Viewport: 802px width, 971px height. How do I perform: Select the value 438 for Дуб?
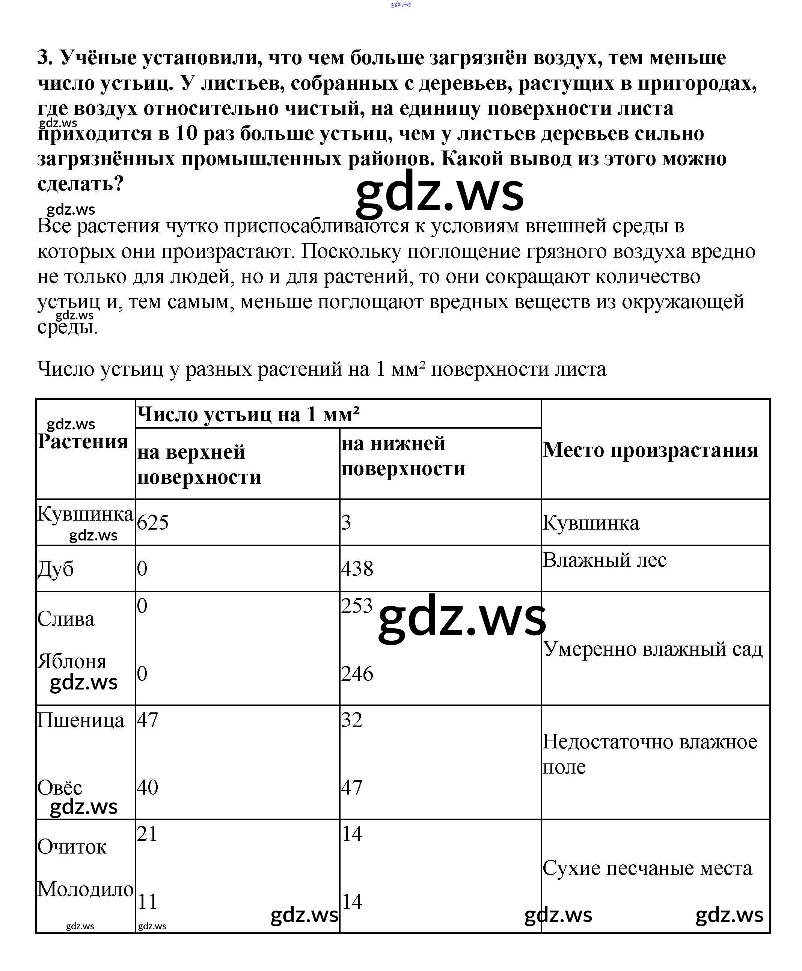click(x=357, y=568)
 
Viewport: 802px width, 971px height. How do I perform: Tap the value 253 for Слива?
click(x=357, y=605)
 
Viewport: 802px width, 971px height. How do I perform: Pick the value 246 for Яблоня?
click(x=357, y=674)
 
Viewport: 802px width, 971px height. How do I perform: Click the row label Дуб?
click(x=56, y=568)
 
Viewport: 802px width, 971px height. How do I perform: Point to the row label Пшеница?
click(x=81, y=720)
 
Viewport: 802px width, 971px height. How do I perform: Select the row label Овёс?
click(x=60, y=787)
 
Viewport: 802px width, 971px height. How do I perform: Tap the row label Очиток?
click(x=72, y=846)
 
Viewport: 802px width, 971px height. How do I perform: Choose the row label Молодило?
click(x=86, y=889)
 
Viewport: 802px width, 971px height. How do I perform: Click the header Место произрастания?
click(x=650, y=450)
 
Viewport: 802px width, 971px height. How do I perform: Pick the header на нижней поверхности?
click(x=403, y=456)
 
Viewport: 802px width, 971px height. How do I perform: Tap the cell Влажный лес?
click(x=604, y=560)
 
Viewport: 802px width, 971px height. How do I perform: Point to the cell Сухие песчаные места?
click(x=647, y=868)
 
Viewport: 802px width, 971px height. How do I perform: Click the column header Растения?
click(x=83, y=441)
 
